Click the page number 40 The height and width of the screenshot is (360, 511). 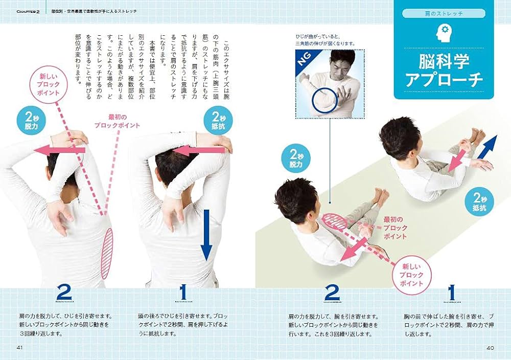point(490,348)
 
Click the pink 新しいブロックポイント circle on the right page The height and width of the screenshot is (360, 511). point(411,275)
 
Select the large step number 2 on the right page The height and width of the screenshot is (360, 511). point(332,294)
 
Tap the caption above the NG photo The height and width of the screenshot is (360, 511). point(324,40)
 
